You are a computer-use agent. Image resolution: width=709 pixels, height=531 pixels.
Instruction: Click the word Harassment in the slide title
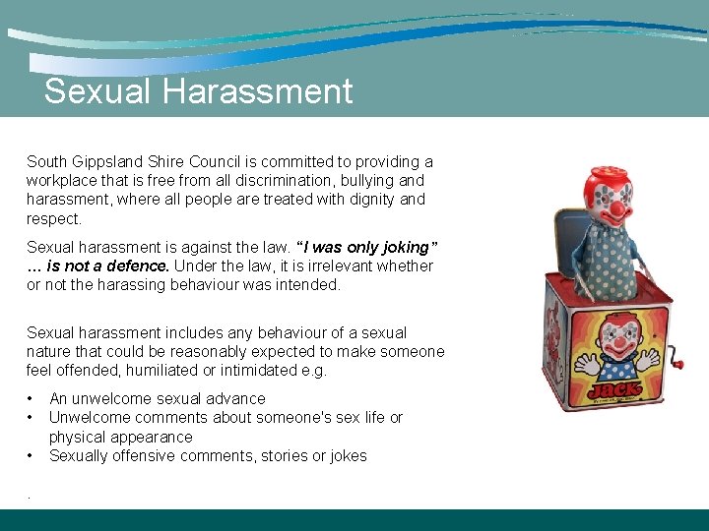(258, 91)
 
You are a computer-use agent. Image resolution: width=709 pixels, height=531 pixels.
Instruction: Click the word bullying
(369, 181)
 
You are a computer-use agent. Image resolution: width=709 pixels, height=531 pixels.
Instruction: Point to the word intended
(308, 285)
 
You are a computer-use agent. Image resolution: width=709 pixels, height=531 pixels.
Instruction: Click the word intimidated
(284, 371)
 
